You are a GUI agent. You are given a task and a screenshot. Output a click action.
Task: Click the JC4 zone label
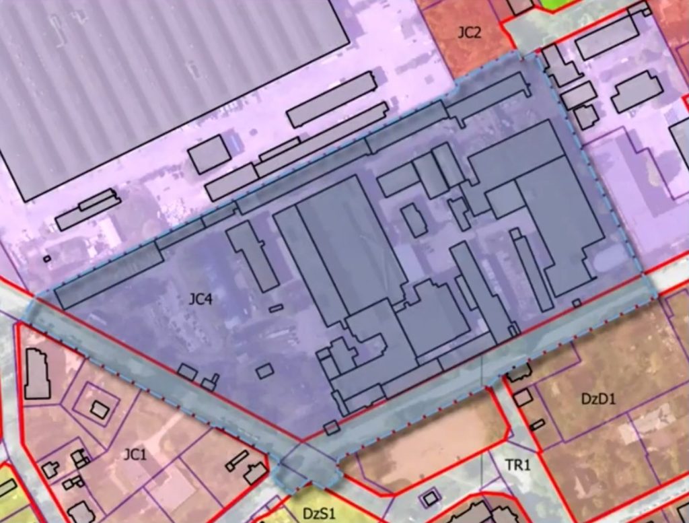(x=200, y=299)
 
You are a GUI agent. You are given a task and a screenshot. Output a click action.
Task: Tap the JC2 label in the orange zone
(x=469, y=32)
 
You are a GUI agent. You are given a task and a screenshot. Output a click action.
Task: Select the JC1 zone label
(x=135, y=455)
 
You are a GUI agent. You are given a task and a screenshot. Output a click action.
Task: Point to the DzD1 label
(x=598, y=398)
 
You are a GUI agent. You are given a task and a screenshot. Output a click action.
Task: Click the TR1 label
(x=518, y=464)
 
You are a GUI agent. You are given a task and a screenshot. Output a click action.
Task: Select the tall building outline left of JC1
(x=37, y=374)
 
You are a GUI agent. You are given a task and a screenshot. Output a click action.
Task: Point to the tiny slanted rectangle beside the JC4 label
(x=276, y=308)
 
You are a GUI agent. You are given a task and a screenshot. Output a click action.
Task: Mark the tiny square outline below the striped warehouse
(x=46, y=257)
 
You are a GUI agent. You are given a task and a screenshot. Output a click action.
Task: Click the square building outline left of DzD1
(x=522, y=398)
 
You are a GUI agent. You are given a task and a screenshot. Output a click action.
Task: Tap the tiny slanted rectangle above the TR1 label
(x=537, y=425)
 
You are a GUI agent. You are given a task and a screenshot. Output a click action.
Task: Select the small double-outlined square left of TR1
(x=429, y=499)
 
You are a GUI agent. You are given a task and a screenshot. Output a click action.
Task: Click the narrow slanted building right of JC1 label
(x=237, y=460)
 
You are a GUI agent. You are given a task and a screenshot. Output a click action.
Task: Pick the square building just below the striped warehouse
(x=209, y=153)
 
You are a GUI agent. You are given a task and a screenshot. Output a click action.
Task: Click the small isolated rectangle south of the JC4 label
(x=264, y=370)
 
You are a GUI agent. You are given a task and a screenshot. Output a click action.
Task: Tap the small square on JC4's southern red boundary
(x=331, y=427)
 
